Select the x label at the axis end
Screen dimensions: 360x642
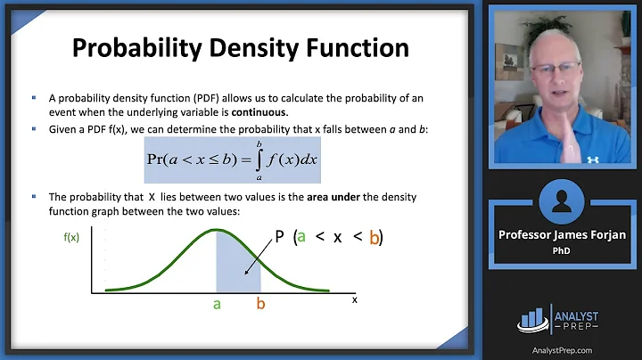[x=354, y=299]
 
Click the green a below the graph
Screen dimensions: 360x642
[x=216, y=305]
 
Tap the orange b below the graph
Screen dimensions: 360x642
[x=261, y=305]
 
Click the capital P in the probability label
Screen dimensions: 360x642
[x=280, y=238]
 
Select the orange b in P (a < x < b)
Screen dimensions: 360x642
[x=375, y=238]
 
